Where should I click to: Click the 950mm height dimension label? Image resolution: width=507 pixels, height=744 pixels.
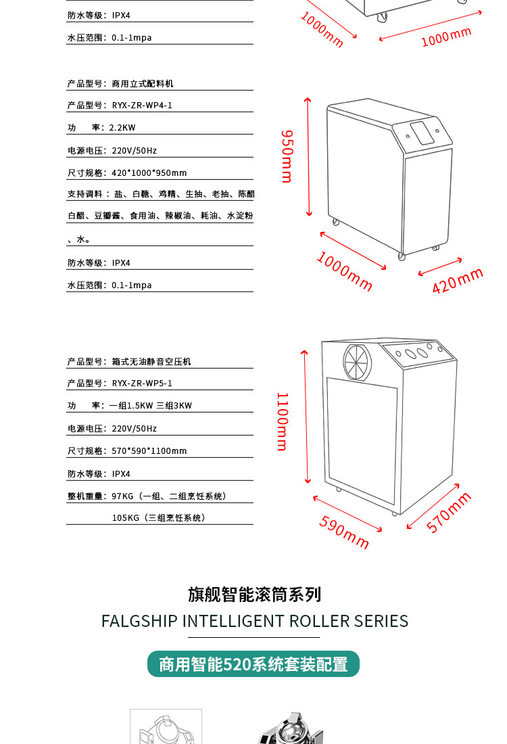(287, 156)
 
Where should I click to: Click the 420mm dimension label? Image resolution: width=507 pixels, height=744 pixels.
(458, 281)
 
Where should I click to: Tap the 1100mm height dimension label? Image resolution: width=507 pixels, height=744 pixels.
(282, 421)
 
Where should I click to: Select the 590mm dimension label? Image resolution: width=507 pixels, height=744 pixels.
(344, 532)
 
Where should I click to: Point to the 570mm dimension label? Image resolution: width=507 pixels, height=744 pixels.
(449, 513)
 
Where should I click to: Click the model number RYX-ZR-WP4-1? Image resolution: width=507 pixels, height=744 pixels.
(142, 106)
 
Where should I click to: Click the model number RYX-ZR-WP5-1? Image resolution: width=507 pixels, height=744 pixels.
(142, 383)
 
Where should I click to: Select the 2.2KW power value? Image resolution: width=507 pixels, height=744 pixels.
(122, 128)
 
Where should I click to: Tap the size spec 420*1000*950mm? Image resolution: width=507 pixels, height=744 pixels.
(149, 173)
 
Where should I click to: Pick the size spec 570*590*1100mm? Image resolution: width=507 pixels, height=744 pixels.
(149, 451)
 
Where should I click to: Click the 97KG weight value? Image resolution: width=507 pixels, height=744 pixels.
(122, 496)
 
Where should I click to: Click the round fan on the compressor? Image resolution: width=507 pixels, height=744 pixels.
(357, 362)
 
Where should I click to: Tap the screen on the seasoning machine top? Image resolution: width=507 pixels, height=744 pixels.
(422, 133)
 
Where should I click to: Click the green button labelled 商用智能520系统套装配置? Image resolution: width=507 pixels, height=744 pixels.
(254, 664)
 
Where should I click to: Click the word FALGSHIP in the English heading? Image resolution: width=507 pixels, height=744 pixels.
(139, 621)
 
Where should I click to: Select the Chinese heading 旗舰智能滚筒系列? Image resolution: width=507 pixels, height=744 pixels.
(254, 594)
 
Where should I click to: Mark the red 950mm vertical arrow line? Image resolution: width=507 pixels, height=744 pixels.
(308, 157)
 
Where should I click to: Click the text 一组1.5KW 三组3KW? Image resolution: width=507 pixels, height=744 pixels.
(151, 406)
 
